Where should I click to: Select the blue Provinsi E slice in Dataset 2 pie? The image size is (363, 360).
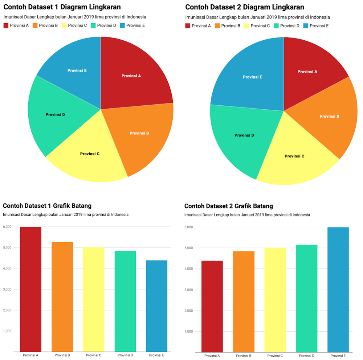click(250, 78)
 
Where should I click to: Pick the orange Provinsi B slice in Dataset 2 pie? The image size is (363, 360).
click(327, 116)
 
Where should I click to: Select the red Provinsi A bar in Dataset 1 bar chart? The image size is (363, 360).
click(30, 291)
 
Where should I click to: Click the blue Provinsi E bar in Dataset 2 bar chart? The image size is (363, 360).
click(338, 291)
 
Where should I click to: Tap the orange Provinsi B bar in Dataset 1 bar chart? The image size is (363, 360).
click(62, 298)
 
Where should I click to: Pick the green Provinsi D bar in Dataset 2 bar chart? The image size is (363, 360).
click(306, 298)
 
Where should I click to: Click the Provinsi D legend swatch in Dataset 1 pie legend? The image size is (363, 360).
click(93, 25)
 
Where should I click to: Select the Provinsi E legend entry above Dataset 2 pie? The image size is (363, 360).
click(316, 26)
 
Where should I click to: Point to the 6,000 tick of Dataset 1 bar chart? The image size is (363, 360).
click(7, 227)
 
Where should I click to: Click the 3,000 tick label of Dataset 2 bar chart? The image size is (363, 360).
click(189, 290)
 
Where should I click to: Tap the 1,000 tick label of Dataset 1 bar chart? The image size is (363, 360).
click(7, 331)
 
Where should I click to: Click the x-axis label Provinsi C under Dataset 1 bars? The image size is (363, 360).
click(93, 355)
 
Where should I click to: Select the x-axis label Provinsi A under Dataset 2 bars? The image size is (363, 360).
click(212, 356)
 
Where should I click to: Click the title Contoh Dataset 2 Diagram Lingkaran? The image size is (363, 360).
click(244, 7)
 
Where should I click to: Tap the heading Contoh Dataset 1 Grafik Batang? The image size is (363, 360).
click(47, 206)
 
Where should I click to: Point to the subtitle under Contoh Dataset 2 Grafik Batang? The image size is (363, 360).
click(247, 215)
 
